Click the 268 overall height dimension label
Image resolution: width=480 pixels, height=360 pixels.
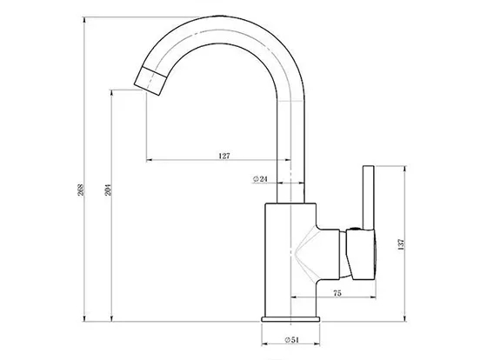pyautogui.click(x=81, y=190)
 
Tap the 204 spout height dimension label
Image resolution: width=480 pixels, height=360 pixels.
pyautogui.click(x=108, y=190)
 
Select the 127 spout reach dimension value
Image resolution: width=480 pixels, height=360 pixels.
pyautogui.click(x=224, y=156)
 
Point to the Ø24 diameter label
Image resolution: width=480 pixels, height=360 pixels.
pyautogui.click(x=260, y=179)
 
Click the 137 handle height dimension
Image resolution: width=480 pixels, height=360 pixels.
pyautogui.click(x=401, y=244)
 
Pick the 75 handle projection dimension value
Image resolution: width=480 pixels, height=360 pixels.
pyautogui.click(x=337, y=293)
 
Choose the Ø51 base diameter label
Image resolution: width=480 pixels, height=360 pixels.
pyautogui.click(x=291, y=340)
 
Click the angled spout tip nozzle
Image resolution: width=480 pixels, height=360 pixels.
pyautogui.click(x=150, y=80)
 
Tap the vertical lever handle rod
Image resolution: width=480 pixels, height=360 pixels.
pyautogui.click(x=369, y=197)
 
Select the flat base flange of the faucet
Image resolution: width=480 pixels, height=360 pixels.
pyautogui.click(x=290, y=319)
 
